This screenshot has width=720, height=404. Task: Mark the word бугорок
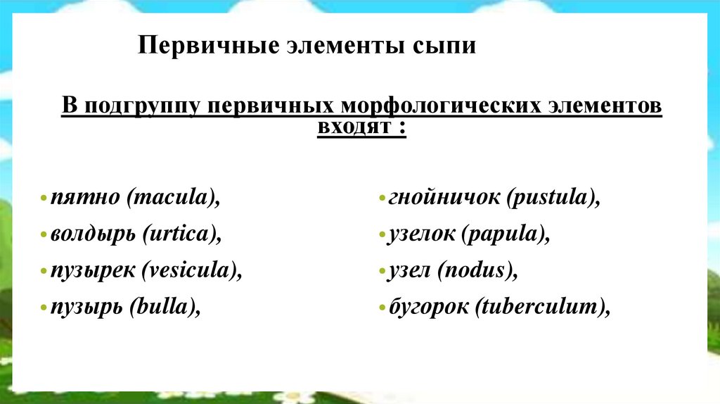tap(427, 308)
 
